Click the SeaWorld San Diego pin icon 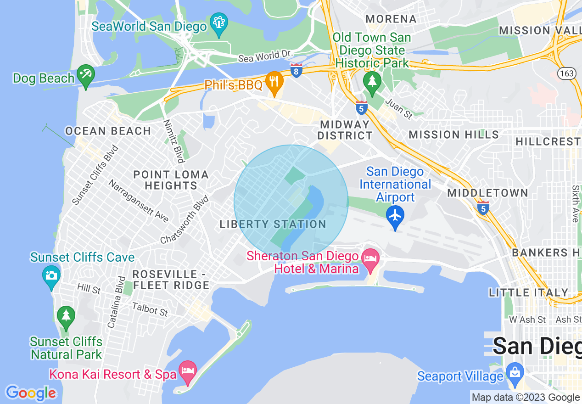219,22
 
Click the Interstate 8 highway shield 297,71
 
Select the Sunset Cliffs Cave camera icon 51,275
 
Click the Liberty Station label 273,224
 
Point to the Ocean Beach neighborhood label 108,131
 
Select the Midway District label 346,130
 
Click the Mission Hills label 453,135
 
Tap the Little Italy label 528,292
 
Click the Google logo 31,393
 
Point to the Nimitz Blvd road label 174,141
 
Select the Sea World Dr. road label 265,56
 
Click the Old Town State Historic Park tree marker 372,82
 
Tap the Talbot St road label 150,309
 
